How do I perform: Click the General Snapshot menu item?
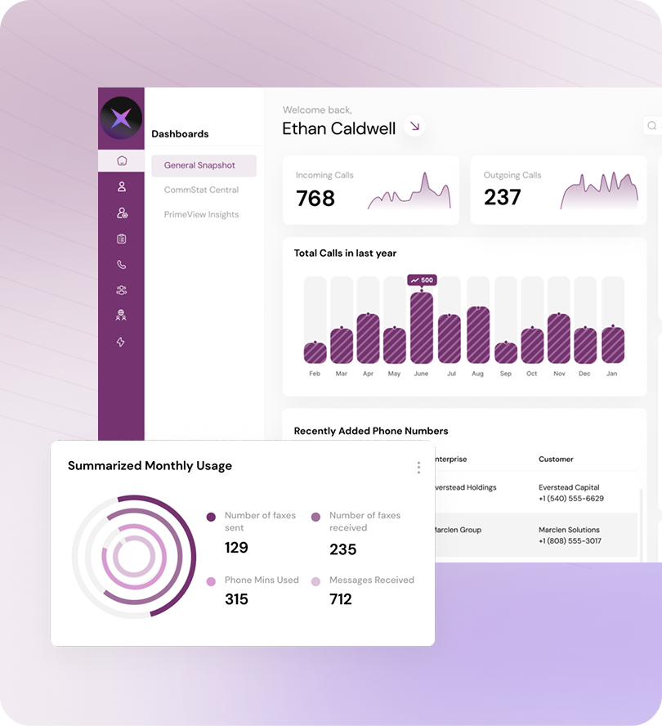click(x=200, y=165)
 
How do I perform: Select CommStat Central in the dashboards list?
click(x=201, y=190)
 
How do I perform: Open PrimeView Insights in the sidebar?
click(x=201, y=214)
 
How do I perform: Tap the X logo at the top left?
click(x=121, y=119)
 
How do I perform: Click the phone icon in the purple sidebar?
click(x=122, y=264)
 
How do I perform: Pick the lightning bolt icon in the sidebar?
click(x=122, y=342)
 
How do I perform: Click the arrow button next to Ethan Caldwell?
click(x=415, y=127)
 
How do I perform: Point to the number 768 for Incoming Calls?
click(x=315, y=198)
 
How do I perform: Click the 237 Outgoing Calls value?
click(x=502, y=197)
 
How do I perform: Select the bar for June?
click(x=422, y=327)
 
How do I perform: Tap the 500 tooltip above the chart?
click(x=423, y=280)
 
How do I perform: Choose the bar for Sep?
click(x=506, y=352)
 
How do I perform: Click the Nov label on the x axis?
click(x=559, y=374)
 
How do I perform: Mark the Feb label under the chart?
click(x=315, y=374)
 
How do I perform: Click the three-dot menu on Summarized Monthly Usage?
click(x=418, y=467)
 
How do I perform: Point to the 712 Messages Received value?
click(x=341, y=599)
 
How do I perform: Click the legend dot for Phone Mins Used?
click(x=211, y=580)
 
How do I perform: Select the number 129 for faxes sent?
click(x=236, y=547)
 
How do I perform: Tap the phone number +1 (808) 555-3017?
click(x=570, y=541)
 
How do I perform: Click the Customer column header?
click(x=556, y=459)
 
